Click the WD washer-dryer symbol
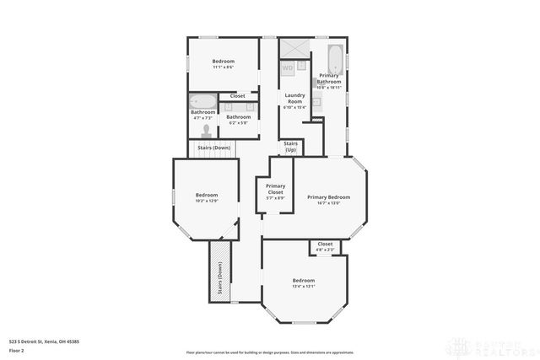click(x=288, y=67)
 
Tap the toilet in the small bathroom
click(x=208, y=132)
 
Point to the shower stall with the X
click(x=295, y=48)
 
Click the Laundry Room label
click(x=294, y=95)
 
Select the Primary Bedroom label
click(x=328, y=196)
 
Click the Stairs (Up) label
click(x=290, y=147)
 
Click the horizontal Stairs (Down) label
click(x=213, y=148)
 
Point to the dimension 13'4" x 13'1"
click(x=304, y=286)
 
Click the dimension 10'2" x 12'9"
click(x=207, y=201)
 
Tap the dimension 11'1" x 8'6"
click(x=224, y=67)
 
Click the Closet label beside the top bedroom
click(x=238, y=96)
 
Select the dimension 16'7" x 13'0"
click(x=328, y=202)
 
